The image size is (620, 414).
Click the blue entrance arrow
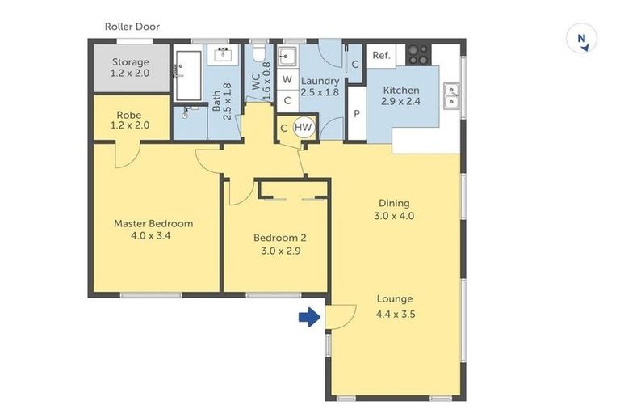click(x=310, y=317)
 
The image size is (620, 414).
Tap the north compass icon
click(x=581, y=39)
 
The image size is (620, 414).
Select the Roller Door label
click(x=132, y=27)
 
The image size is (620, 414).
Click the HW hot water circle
click(x=304, y=128)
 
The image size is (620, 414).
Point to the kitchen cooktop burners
click(x=418, y=55)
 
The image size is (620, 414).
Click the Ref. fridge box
click(x=381, y=56)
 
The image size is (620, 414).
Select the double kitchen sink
click(x=451, y=96)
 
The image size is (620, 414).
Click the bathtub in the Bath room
click(x=188, y=76)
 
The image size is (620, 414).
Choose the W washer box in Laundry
click(x=287, y=79)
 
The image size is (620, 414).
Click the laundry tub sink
click(x=287, y=57)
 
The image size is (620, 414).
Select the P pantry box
click(x=357, y=114)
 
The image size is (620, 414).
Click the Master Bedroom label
click(x=153, y=223)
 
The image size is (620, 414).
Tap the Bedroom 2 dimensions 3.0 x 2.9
click(x=280, y=251)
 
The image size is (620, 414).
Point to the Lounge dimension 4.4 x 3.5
click(x=396, y=315)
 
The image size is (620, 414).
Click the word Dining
click(x=394, y=203)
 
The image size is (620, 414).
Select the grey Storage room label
click(x=131, y=62)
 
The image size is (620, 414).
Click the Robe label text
click(x=129, y=116)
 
